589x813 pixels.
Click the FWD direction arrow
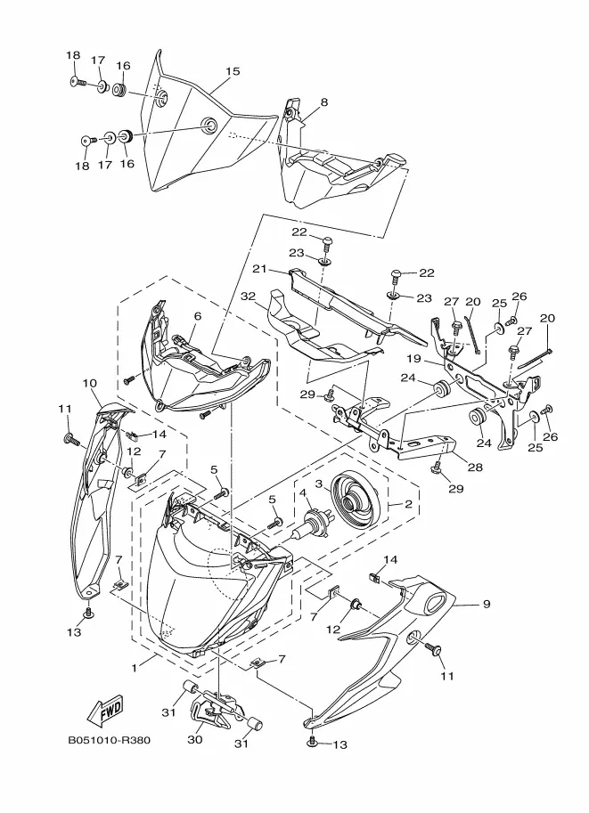click(x=105, y=710)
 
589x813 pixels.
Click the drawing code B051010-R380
click(x=109, y=740)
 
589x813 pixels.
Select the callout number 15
click(x=233, y=71)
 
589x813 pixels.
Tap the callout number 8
click(x=324, y=102)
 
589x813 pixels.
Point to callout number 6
click(x=197, y=316)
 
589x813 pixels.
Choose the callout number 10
click(x=89, y=383)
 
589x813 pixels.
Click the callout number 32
click(x=248, y=296)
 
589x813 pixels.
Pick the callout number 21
click(x=259, y=269)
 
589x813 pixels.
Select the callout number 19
click(x=413, y=358)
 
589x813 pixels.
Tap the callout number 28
click(x=475, y=467)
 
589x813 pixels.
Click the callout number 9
click(x=487, y=604)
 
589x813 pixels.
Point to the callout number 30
click(x=194, y=740)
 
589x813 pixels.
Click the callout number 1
click(x=135, y=669)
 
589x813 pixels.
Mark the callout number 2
click(x=408, y=503)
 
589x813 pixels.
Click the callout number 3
click(x=320, y=484)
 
